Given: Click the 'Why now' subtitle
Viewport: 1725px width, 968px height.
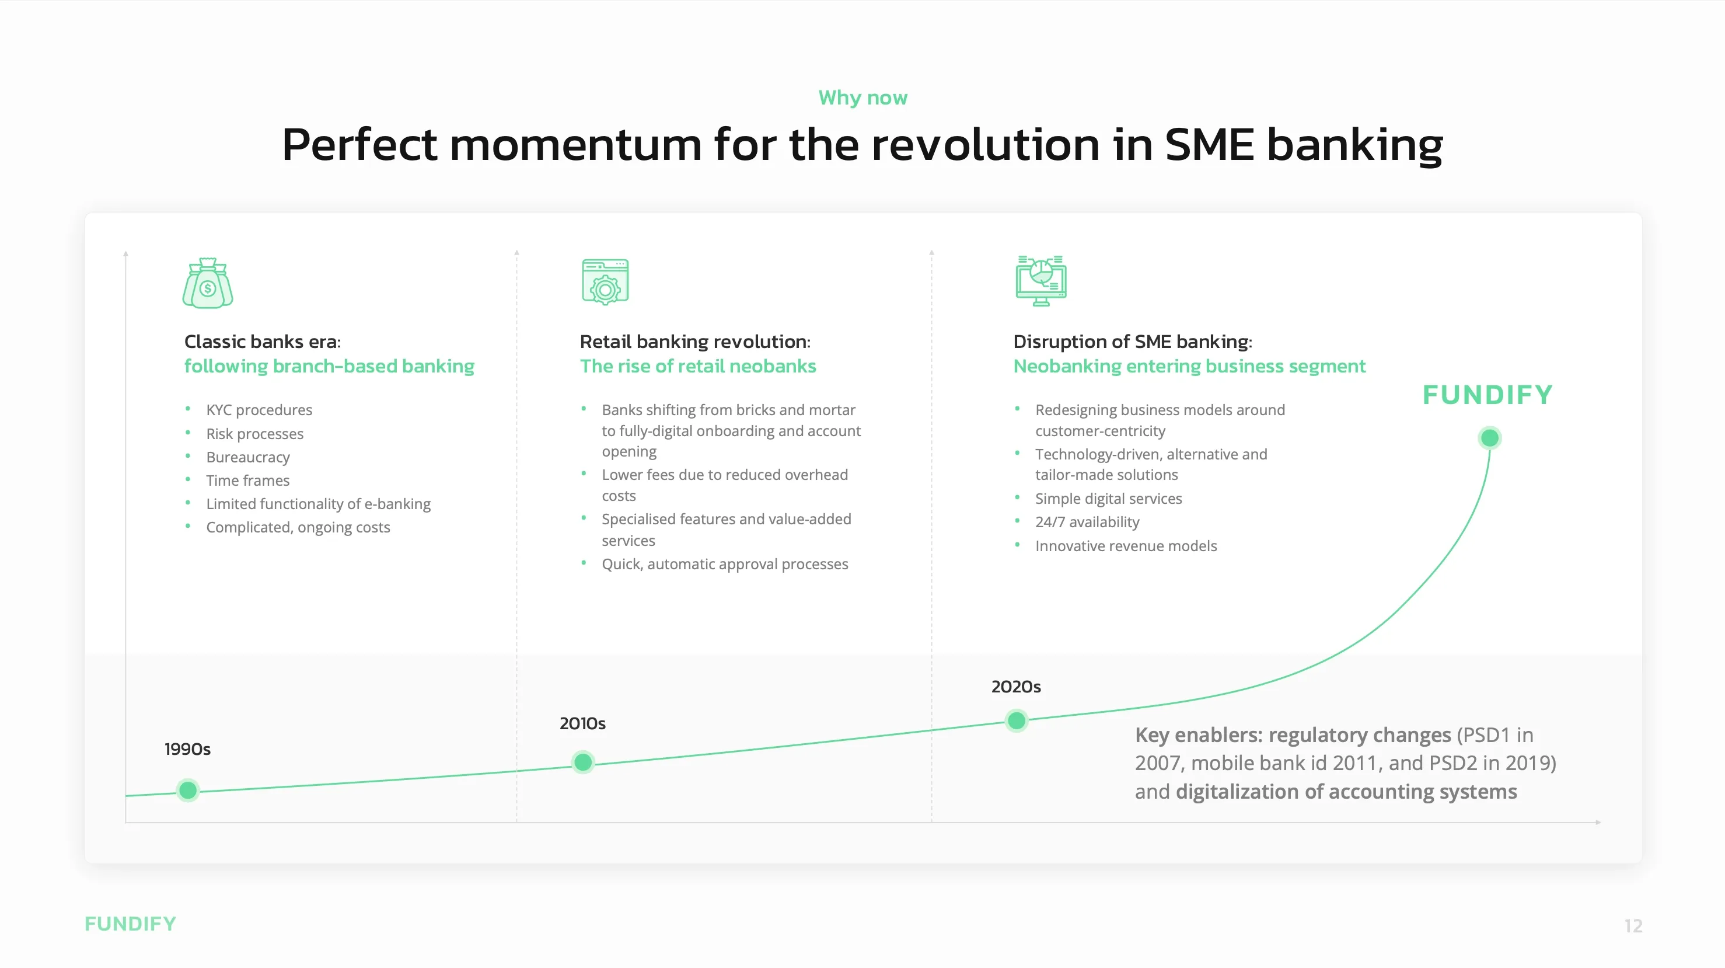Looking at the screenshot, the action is (863, 98).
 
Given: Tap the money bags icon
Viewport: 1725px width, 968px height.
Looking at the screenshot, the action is (208, 283).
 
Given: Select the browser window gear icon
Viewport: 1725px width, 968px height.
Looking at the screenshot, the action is (605, 281).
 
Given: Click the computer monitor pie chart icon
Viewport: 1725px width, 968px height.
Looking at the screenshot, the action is (1040, 281).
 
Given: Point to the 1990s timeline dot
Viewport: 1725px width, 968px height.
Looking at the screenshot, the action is (188, 791).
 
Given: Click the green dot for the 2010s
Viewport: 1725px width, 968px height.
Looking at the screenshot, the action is (583, 762).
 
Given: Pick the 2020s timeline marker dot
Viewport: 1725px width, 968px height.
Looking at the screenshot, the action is (1017, 721).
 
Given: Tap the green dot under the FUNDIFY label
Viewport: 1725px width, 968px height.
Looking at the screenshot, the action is (1489, 438).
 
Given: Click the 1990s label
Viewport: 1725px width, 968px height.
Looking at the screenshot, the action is (187, 749).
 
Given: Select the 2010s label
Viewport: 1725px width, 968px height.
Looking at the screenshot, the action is (582, 723).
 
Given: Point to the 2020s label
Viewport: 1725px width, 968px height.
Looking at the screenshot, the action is (1016, 687).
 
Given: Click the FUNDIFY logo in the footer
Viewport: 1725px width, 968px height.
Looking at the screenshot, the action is (131, 924).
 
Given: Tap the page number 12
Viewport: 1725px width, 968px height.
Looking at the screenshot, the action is (1633, 926).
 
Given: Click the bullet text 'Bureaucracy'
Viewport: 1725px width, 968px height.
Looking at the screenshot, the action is (248, 458).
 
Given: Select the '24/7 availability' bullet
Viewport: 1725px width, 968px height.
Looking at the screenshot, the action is (1087, 522).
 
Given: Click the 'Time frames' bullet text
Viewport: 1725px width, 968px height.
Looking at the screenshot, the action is (248, 480).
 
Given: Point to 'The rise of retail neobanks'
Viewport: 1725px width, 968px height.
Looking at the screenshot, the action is (698, 367).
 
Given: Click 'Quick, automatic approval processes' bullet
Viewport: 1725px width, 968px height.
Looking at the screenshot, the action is (725, 564).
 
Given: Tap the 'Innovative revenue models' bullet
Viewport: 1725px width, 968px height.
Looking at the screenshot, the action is (1126, 546).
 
